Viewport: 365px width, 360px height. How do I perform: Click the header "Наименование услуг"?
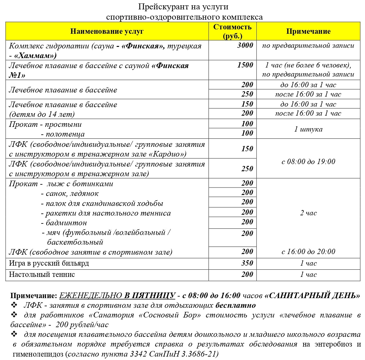point(107,31)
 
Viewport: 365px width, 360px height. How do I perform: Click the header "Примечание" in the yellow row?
point(308,31)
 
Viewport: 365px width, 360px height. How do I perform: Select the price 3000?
point(245,46)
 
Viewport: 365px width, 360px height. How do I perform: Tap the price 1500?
point(245,65)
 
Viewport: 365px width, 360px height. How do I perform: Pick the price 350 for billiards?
point(247,263)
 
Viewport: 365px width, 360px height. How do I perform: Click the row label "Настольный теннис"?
point(42,275)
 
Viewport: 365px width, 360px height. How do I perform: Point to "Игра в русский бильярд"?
point(49,263)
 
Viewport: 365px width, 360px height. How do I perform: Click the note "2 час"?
point(308,213)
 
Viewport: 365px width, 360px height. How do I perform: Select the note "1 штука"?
point(308,129)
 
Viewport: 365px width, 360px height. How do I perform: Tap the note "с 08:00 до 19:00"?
point(308,162)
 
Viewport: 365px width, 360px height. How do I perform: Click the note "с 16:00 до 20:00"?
point(308,252)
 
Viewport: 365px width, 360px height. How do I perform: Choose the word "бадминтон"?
point(66,223)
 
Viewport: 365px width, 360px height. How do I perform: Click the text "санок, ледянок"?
point(72,194)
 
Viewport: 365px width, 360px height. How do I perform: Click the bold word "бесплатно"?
point(235,305)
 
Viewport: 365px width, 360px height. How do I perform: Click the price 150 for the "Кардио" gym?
point(247,149)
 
